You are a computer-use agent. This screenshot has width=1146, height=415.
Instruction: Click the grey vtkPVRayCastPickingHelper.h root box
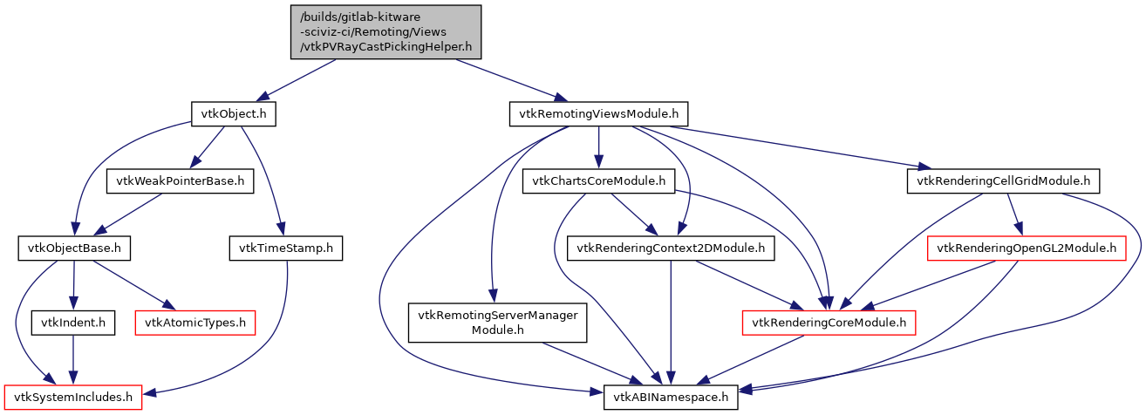point(386,31)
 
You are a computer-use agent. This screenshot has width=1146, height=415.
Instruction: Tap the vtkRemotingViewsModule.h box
point(598,113)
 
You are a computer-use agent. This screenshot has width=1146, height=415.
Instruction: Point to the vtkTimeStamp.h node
point(285,249)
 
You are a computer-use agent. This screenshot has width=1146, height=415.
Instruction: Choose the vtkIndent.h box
point(74,323)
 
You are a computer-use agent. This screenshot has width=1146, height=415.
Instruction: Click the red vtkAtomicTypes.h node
point(195,323)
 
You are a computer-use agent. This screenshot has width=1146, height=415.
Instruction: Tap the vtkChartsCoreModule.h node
point(599,181)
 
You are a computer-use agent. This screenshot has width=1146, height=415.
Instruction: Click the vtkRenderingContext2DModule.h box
point(671,249)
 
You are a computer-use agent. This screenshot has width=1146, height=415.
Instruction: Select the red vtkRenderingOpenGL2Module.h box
point(1026,249)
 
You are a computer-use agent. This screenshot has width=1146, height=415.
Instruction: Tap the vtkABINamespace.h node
point(671,398)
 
